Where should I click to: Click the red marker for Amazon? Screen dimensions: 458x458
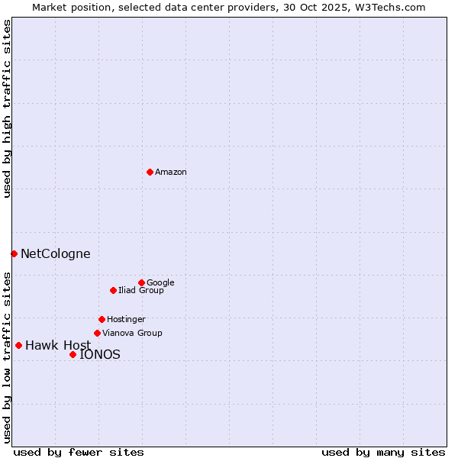150,172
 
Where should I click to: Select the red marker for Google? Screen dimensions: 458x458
141,282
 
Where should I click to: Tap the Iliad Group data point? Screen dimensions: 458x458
113,290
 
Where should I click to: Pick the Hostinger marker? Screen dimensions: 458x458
102,319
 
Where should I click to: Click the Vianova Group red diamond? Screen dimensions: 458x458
97,333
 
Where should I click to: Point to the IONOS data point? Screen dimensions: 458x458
73,354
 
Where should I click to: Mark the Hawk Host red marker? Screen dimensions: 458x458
18,345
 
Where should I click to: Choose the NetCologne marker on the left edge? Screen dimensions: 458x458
14,253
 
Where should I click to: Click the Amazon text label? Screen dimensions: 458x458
171,173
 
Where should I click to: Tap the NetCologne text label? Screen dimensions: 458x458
55,254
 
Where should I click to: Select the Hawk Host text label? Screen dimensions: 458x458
58,346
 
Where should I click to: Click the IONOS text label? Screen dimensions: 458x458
100,355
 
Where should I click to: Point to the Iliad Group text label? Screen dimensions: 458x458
141,291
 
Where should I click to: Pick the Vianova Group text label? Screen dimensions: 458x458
132,334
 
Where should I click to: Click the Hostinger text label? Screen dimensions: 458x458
126,320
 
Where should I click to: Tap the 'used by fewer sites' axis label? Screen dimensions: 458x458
79,452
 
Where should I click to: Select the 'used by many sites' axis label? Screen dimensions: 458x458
383,452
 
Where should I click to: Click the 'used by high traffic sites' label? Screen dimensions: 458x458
7,109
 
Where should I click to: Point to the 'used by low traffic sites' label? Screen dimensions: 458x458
7,356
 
